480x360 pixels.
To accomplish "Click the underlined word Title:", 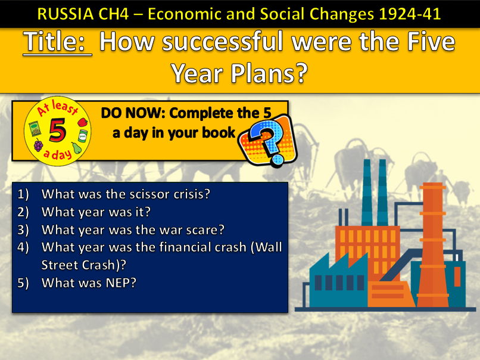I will (x=57, y=44).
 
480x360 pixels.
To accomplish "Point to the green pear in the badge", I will (x=77, y=147).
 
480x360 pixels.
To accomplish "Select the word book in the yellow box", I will (x=220, y=132).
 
